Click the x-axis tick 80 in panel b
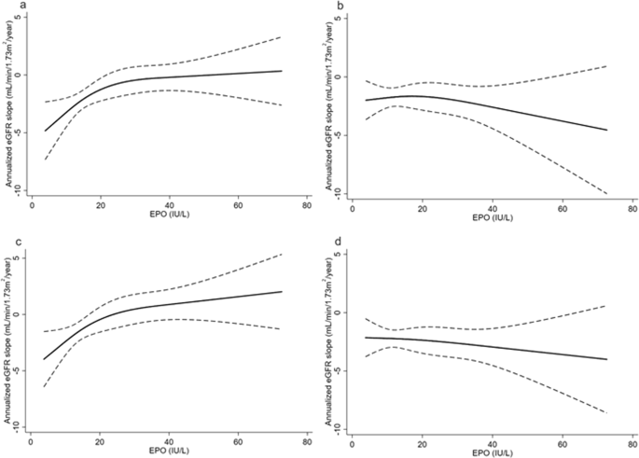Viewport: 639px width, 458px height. [x=632, y=206]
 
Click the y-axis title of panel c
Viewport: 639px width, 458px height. [x=7, y=336]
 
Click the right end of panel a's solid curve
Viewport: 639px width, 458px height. [x=282, y=71]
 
